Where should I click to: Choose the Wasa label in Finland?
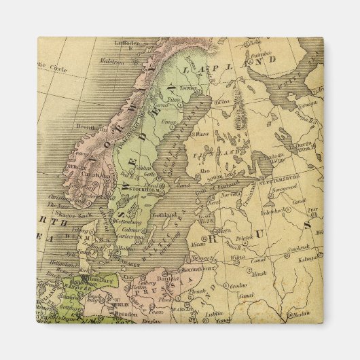coord(202,134)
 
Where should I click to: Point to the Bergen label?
coord(75,166)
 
